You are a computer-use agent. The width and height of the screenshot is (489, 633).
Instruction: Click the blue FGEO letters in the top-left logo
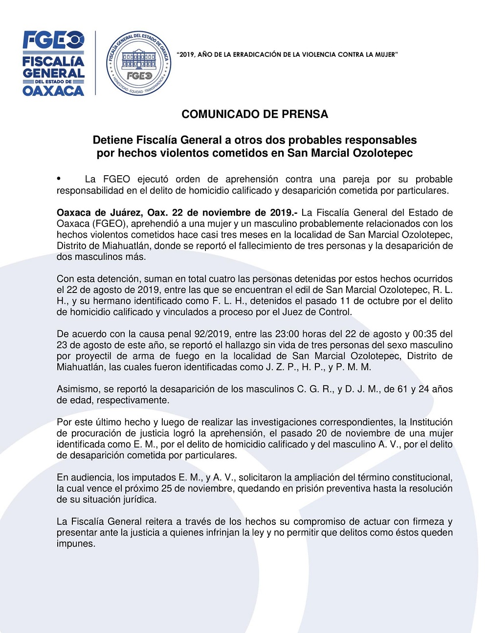(53, 40)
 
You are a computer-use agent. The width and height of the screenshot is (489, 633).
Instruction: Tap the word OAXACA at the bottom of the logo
(53, 90)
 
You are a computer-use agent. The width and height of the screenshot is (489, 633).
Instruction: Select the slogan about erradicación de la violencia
(287, 54)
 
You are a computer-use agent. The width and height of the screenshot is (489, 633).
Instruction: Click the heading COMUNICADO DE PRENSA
(255, 114)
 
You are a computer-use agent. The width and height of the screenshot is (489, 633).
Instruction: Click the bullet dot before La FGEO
(59, 179)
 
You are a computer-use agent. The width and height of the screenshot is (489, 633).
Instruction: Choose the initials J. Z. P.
(282, 367)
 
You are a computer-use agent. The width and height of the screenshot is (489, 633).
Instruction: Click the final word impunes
(76, 543)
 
